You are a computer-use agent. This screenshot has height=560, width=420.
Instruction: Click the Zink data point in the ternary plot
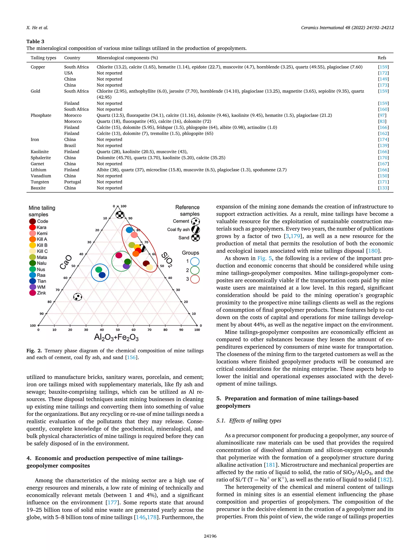[x=119, y=255]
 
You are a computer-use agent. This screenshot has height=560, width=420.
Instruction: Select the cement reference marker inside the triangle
[x=78, y=297]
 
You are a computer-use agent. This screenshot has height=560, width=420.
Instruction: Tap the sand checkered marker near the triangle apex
[x=120, y=215]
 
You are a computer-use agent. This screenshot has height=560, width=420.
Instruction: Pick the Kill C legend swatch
[x=32, y=251]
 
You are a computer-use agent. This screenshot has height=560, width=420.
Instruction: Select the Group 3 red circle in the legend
[x=195, y=279]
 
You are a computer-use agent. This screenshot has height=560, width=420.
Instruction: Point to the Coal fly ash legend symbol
[x=195, y=229]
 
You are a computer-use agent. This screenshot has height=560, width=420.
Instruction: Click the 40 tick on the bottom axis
[x=102, y=330]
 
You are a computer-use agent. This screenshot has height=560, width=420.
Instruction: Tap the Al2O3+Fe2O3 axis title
[x=116, y=338]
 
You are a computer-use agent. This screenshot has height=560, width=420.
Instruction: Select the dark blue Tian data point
[x=102, y=275]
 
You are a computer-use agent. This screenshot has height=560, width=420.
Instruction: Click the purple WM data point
[x=126, y=266]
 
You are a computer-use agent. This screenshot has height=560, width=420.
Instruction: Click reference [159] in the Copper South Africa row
[x=383, y=67]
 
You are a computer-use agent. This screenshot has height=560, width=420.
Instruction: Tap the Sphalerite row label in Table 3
[x=41, y=158]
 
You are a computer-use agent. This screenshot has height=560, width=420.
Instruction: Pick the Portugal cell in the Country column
[x=72, y=182]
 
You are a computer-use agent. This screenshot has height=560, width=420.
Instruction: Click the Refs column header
[x=382, y=58]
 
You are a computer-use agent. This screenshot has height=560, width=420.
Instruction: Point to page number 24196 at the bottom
[x=210, y=536]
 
